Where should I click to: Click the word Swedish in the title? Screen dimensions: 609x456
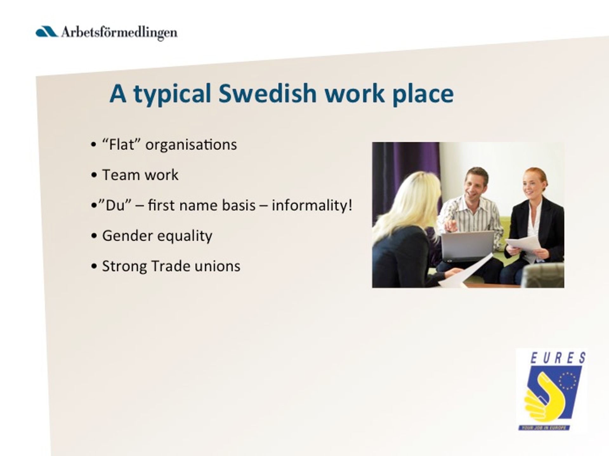click(x=267, y=93)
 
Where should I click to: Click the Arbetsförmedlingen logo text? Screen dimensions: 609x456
click(x=119, y=33)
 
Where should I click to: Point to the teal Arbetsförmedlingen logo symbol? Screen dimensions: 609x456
click(x=47, y=32)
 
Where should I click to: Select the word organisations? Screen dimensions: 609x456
click(x=191, y=145)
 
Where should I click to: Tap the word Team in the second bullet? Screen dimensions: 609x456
click(x=121, y=175)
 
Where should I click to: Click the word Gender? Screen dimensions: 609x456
click(x=127, y=236)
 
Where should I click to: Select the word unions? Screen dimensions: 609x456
click(x=218, y=266)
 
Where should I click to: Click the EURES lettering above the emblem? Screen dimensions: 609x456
click(x=558, y=358)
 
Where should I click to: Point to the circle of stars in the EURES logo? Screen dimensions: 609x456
click(x=567, y=381)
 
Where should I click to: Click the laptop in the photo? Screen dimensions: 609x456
click(x=468, y=246)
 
